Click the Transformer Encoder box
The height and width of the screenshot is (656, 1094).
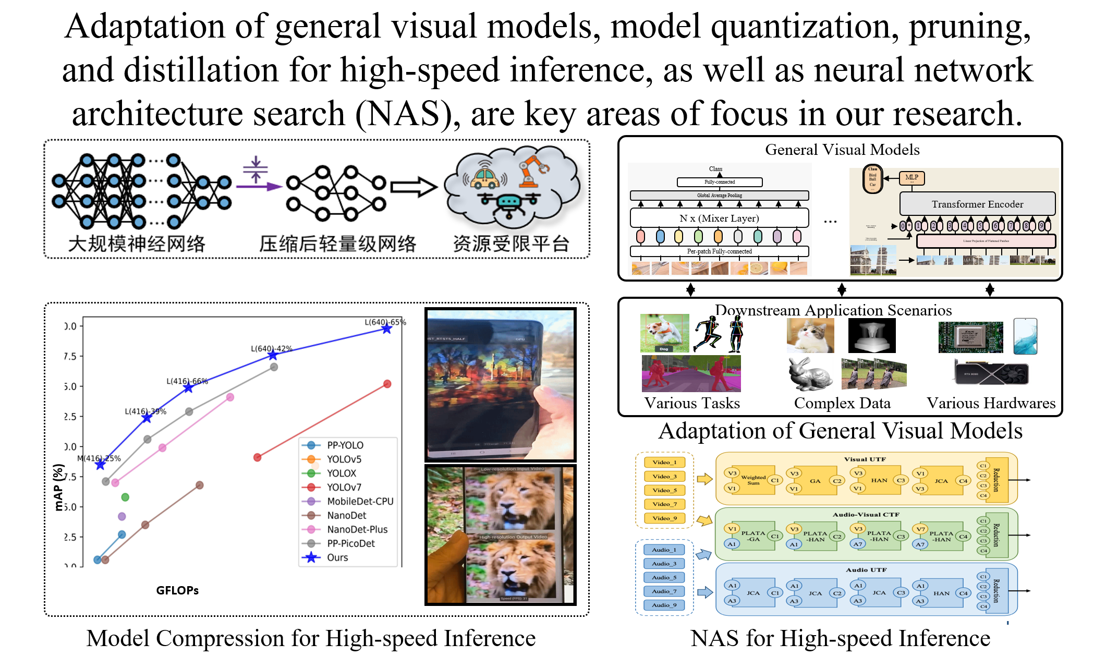pyautogui.click(x=977, y=204)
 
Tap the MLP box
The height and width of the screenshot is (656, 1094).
pyautogui.click(x=911, y=178)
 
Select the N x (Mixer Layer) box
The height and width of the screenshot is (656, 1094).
pyautogui.click(x=719, y=218)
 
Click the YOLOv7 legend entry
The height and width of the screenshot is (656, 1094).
pyautogui.click(x=344, y=487)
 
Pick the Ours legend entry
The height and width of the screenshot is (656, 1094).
pyautogui.click(x=337, y=557)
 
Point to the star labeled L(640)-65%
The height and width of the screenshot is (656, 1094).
pyautogui.click(x=386, y=329)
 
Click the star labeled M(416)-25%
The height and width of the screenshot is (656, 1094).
pyautogui.click(x=100, y=464)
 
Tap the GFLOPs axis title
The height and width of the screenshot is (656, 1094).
pyautogui.click(x=177, y=590)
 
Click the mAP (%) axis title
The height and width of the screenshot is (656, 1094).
pyautogui.click(x=58, y=487)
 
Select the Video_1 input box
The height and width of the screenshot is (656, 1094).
pyautogui.click(x=664, y=462)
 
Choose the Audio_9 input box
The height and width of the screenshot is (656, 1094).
pyautogui.click(x=664, y=605)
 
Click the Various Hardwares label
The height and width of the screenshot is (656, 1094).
pyautogui.click(x=991, y=403)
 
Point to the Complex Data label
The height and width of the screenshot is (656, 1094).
pyautogui.click(x=842, y=403)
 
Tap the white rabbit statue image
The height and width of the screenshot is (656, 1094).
pyautogui.click(x=810, y=374)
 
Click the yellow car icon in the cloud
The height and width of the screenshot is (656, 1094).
pyautogui.click(x=485, y=178)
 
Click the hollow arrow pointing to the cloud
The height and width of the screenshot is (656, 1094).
pyautogui.click(x=414, y=187)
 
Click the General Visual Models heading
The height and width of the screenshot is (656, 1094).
pyautogui.click(x=842, y=150)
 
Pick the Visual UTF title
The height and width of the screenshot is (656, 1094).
pyautogui.click(x=865, y=459)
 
